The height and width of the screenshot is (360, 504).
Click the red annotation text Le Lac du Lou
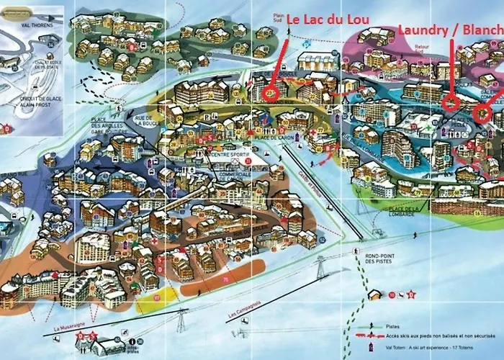[x=324, y=20]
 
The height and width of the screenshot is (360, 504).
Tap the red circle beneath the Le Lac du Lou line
[x=271, y=92]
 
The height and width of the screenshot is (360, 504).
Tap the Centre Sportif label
[x=229, y=154]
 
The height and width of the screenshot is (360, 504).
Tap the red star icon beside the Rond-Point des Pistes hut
[x=411, y=294]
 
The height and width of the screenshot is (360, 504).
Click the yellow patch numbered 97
[x=155, y=297]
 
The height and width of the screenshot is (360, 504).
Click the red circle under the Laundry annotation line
[x=450, y=102]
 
